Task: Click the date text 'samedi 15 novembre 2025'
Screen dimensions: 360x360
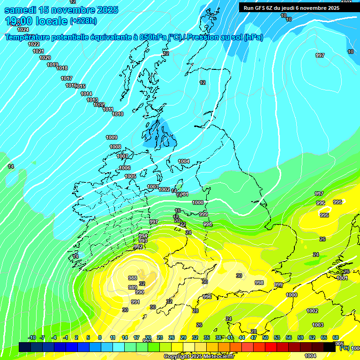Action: (x=61, y=10)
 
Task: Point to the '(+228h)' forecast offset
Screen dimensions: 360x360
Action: (x=83, y=21)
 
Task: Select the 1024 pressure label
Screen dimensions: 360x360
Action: (x=22, y=30)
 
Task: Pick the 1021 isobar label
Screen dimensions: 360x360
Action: (x=38, y=51)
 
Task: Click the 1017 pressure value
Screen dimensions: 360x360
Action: (x=67, y=78)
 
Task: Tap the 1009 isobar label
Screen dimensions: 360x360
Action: (x=112, y=137)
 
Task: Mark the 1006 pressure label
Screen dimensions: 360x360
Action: (x=125, y=168)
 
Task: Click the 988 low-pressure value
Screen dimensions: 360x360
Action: (x=133, y=278)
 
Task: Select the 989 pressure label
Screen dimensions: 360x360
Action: (x=133, y=287)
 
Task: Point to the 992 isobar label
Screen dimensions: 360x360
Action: (x=138, y=247)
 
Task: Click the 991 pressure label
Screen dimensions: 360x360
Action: (x=135, y=302)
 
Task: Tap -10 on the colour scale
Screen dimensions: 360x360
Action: (x=32, y=337)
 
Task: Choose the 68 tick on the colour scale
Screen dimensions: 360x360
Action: (x=336, y=337)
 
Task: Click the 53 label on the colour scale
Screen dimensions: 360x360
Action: (x=277, y=337)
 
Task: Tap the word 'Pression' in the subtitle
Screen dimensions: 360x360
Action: (x=201, y=37)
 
